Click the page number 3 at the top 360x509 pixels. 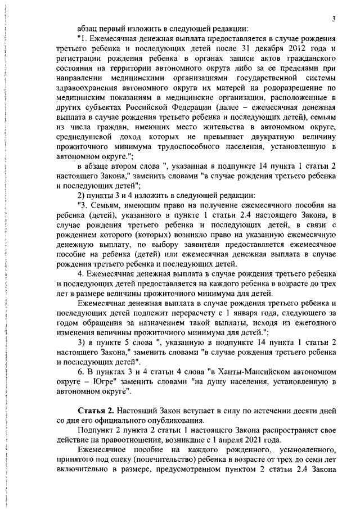click(x=334, y=19)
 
